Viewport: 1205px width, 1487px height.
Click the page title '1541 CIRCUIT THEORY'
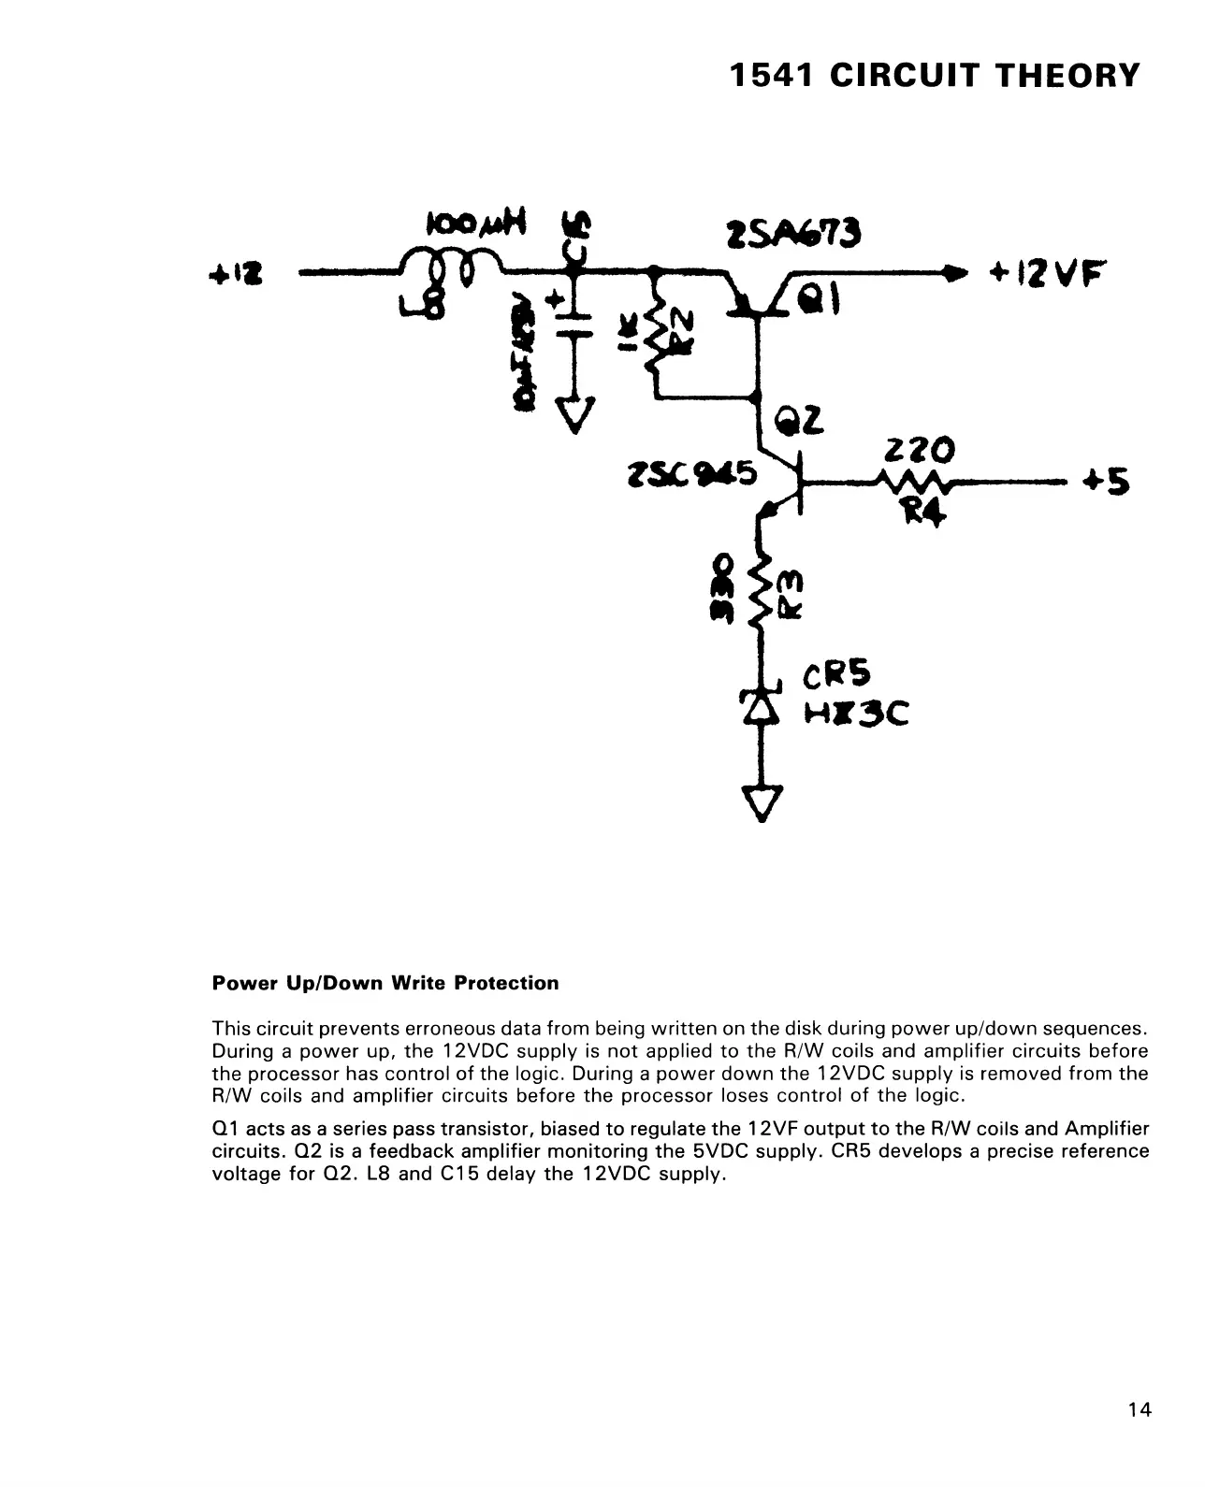click(935, 75)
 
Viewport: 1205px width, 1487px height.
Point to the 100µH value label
click(476, 224)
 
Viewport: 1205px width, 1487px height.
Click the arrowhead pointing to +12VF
click(953, 273)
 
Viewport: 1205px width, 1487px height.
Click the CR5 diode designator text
click(836, 675)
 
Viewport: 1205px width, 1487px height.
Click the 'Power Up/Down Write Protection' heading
click(385, 983)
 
